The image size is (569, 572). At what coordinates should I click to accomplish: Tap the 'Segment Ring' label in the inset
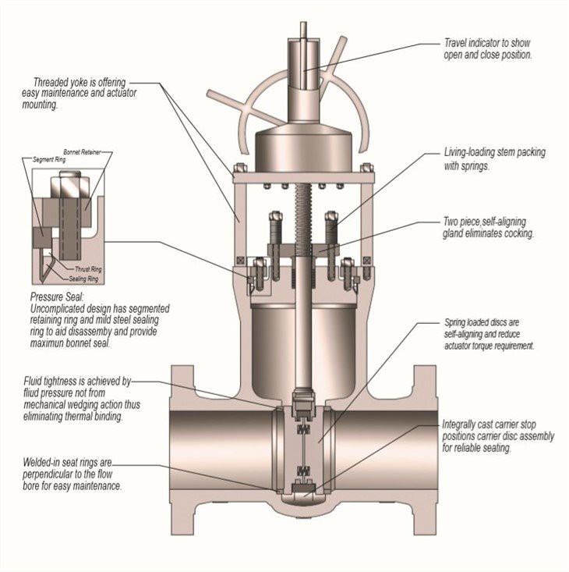click(52, 159)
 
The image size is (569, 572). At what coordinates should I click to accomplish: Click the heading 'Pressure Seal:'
click(56, 297)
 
